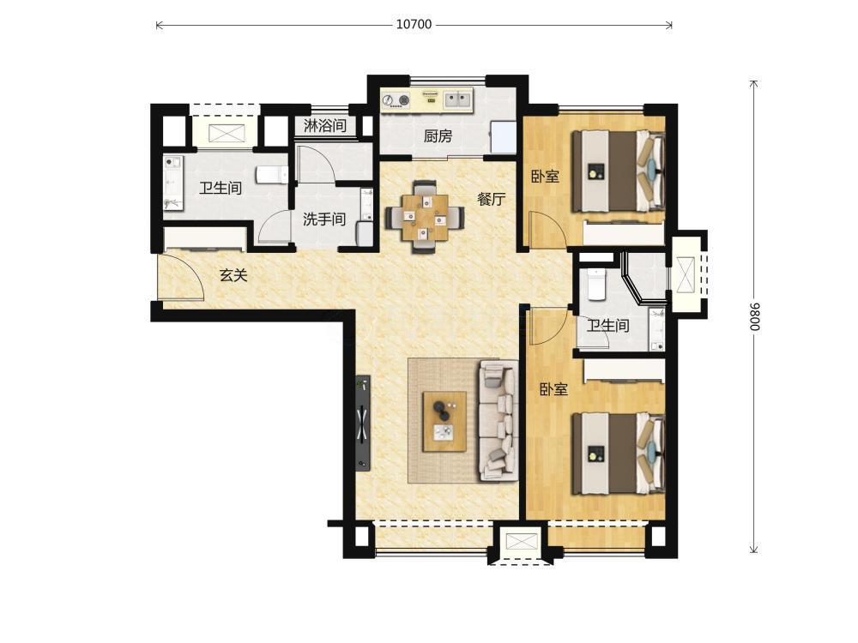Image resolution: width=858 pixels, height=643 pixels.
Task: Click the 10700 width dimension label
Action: (414, 25)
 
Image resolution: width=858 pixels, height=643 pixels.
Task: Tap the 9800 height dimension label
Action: (754, 316)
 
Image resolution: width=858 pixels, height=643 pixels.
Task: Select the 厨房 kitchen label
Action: (438, 135)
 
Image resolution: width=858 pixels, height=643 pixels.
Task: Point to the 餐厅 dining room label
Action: (491, 199)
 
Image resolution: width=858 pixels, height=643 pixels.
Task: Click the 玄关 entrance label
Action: (233, 275)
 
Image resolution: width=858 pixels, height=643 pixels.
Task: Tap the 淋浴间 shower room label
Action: (325, 126)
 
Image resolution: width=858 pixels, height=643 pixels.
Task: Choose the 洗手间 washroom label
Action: (324, 219)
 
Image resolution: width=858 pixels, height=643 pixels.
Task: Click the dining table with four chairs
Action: (425, 217)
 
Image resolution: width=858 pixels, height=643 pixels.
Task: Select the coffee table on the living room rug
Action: (444, 421)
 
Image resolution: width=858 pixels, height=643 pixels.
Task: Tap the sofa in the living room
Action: (498, 420)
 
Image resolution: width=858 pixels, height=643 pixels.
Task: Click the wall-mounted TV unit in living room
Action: (362, 422)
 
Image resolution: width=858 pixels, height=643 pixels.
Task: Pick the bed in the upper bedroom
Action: (618, 171)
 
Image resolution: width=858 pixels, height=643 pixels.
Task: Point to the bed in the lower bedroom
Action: (618, 454)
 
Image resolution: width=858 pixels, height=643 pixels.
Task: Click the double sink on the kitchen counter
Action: (457, 99)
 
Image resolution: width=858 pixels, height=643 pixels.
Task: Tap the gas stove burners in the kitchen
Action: (396, 100)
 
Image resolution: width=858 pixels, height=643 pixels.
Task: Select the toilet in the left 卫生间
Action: (272, 174)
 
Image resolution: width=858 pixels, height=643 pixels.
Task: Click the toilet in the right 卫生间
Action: (595, 284)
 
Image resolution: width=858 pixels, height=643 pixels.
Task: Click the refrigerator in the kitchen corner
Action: (503, 137)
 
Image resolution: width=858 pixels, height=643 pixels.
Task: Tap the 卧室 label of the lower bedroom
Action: (553, 389)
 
